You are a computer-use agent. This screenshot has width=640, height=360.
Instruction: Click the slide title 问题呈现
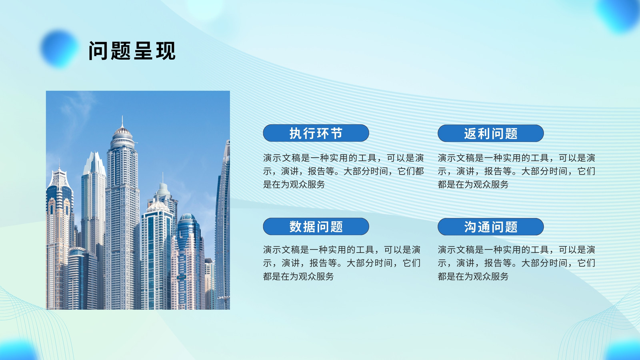click(x=132, y=51)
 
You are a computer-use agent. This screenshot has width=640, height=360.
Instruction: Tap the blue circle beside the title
click(x=60, y=48)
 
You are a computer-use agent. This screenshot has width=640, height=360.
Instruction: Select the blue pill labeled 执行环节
click(x=316, y=133)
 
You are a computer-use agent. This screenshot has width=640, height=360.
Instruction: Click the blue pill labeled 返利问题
click(x=490, y=134)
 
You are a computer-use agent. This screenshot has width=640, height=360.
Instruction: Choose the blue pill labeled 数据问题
click(x=316, y=226)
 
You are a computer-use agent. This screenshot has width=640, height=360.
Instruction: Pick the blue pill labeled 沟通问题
click(x=490, y=227)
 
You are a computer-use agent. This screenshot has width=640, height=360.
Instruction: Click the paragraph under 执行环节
click(x=343, y=171)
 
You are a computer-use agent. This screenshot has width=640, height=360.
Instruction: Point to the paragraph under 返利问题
click(x=516, y=171)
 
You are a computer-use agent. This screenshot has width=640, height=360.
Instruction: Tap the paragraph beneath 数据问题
click(x=342, y=263)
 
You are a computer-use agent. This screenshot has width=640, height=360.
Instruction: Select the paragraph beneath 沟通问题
click(x=516, y=263)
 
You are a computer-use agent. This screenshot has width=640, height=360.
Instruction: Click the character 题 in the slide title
click(x=120, y=51)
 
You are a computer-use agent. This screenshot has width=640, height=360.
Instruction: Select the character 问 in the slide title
click(x=98, y=51)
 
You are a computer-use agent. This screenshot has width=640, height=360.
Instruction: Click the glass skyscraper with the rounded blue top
click(x=188, y=260)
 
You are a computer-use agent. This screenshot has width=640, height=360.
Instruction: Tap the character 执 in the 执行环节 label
click(x=296, y=133)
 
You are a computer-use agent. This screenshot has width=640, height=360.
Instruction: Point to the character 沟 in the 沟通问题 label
click(x=470, y=227)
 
